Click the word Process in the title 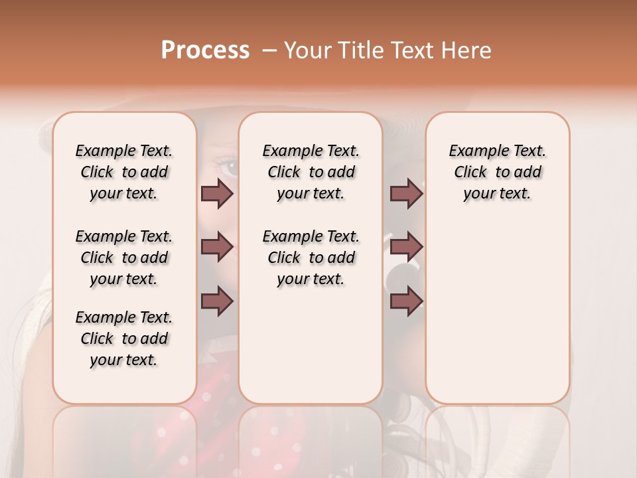pyautogui.click(x=205, y=50)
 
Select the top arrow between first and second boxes pyautogui.click(x=217, y=193)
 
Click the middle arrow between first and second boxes pyautogui.click(x=217, y=247)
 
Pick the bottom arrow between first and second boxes pyautogui.click(x=217, y=301)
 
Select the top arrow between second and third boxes pyautogui.click(x=407, y=193)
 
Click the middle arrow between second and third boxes pyautogui.click(x=407, y=247)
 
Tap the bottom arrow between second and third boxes pyautogui.click(x=407, y=301)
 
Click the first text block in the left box pyautogui.click(x=124, y=172)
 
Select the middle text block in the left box pyautogui.click(x=124, y=258)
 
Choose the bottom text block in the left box pyautogui.click(x=124, y=339)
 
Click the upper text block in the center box pyautogui.click(x=311, y=172)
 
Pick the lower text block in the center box pyautogui.click(x=311, y=258)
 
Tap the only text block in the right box pyautogui.click(x=497, y=172)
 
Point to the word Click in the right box pyautogui.click(x=470, y=173)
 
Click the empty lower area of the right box pyautogui.click(x=497, y=312)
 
